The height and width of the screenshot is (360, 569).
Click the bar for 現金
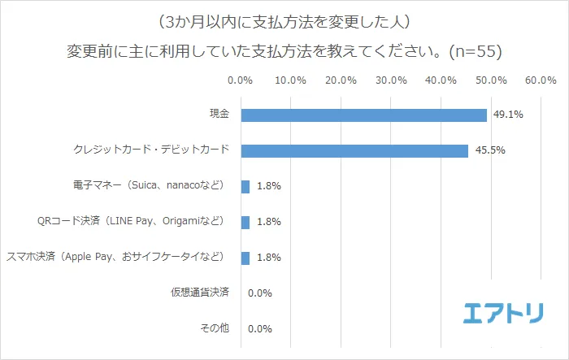click(363, 115)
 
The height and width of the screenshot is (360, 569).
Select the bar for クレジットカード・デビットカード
click(354, 151)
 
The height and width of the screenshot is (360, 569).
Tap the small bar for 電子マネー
click(245, 187)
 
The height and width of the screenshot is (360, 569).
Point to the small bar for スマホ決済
click(245, 258)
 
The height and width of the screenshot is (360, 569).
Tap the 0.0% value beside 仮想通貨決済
click(258, 293)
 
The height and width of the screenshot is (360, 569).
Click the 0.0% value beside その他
click(258, 329)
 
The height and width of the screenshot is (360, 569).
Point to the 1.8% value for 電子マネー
click(268, 187)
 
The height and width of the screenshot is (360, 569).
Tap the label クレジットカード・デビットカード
click(150, 150)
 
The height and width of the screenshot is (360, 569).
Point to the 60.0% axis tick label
click(541, 81)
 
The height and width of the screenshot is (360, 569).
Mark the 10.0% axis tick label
click(291, 81)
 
